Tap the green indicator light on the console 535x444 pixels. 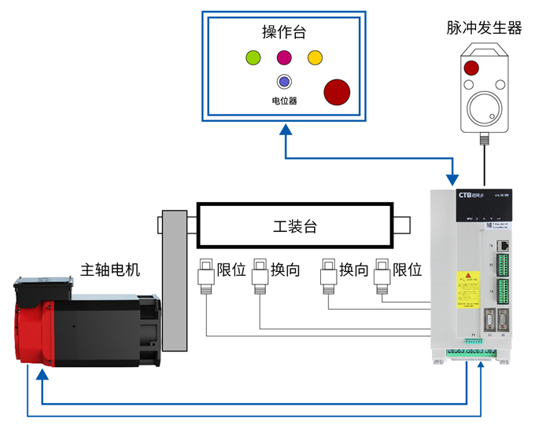tap(253, 57)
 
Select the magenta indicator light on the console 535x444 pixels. tap(284, 57)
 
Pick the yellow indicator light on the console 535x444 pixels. tap(315, 57)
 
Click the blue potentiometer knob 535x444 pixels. tap(284, 82)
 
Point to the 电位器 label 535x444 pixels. tap(284, 101)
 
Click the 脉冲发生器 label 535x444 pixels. tap(484, 28)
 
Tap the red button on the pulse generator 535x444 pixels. tap(470, 68)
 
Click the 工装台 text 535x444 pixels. tap(294, 226)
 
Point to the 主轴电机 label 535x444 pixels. tap(110, 270)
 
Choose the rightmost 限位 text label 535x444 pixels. tap(408, 270)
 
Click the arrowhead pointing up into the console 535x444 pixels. tap(284, 130)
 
